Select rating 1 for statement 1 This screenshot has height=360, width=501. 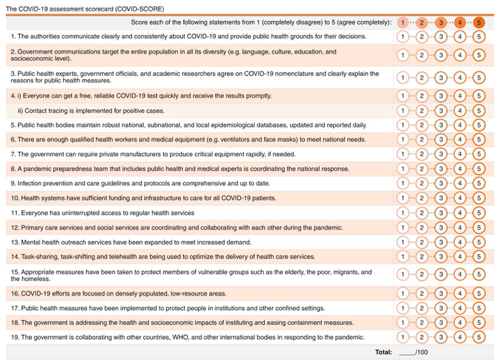404,36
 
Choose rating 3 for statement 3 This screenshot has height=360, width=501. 442,77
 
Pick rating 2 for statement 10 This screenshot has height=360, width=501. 423,198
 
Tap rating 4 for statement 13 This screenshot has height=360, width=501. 460,242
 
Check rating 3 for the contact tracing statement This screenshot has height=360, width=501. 442,110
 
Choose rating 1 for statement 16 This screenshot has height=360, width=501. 404,293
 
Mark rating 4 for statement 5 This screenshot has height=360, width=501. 460,125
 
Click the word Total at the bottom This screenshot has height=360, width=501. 384,352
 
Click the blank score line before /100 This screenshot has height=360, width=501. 407,352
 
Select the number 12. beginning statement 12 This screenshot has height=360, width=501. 15,227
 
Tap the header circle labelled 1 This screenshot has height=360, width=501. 404,23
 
